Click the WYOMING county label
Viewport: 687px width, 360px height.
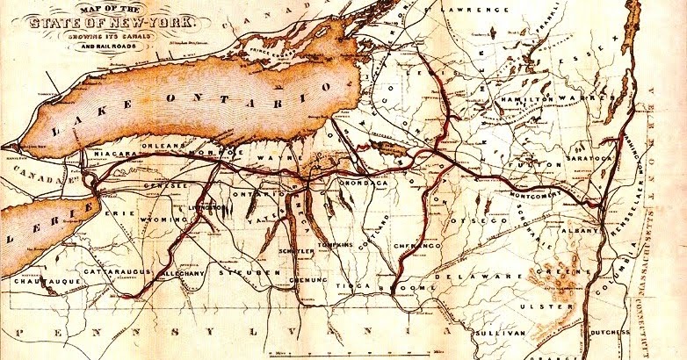(162, 220)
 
